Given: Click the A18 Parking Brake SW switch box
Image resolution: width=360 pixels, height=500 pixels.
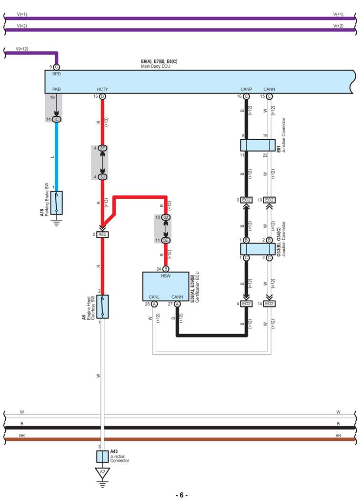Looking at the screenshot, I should click(x=57, y=203).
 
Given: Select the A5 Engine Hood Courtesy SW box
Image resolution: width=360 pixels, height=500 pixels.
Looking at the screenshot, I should click(x=103, y=306).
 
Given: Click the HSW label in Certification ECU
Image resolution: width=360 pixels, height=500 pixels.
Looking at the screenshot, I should click(x=165, y=276).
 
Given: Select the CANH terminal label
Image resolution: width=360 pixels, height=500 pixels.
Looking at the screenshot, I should click(x=177, y=297).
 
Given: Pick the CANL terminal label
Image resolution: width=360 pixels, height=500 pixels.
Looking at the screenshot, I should click(x=154, y=297).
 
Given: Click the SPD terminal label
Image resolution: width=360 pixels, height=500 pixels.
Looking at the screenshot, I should click(x=56, y=74).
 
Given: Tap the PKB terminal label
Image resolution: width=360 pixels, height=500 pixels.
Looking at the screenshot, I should click(x=56, y=89).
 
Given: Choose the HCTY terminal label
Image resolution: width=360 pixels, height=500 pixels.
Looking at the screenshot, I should click(x=102, y=89).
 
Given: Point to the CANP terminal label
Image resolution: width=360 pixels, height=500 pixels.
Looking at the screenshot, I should click(x=246, y=89).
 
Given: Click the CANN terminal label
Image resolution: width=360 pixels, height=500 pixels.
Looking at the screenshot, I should click(x=269, y=89).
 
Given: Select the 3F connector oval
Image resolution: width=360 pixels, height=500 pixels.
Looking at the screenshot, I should click(x=103, y=148).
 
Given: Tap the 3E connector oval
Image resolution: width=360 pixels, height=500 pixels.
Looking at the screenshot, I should click(x=166, y=240).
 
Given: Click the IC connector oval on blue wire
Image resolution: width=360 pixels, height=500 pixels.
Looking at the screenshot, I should click(x=56, y=119).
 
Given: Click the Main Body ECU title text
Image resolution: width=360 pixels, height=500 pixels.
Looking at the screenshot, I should click(x=153, y=66).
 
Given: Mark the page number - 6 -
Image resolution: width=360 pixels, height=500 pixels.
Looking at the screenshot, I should click(x=181, y=495).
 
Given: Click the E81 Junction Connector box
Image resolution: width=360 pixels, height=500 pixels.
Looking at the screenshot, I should click(x=258, y=145).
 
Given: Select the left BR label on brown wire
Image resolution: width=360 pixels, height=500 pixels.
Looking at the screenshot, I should click(x=22, y=436).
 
